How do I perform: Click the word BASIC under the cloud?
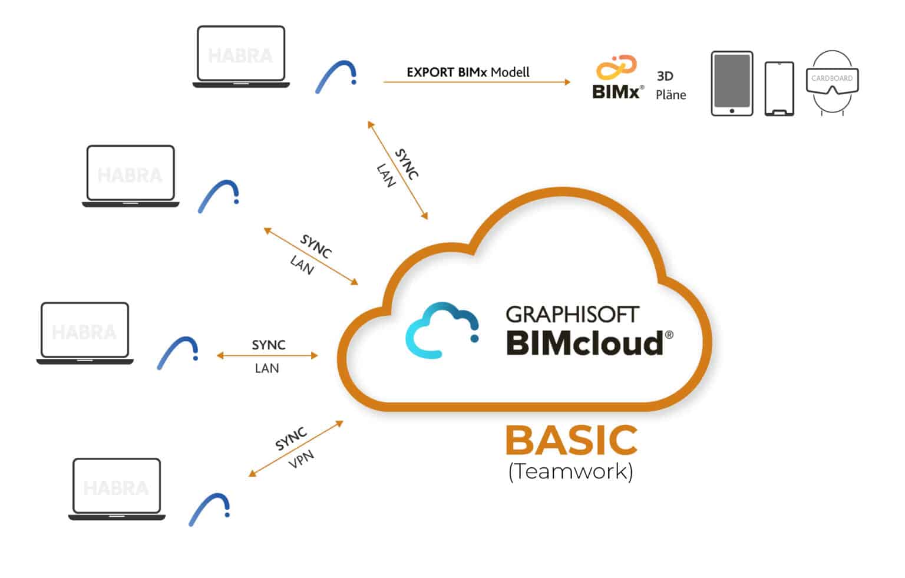(571, 441)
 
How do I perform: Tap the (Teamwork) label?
(570, 471)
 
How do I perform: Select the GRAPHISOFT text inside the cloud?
(572, 314)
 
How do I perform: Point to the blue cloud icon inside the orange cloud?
(442, 330)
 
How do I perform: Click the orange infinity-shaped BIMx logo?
(616, 67)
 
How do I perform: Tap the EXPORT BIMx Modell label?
(468, 72)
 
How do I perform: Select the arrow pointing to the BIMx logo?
(477, 82)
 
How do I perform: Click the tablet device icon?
(732, 83)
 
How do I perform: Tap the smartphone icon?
(779, 88)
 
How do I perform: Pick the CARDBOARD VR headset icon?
(831, 82)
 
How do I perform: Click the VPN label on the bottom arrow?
(301, 459)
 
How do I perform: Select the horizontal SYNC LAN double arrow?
(267, 355)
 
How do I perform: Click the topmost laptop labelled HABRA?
(241, 57)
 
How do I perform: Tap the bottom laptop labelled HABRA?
(117, 489)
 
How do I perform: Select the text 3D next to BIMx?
(665, 76)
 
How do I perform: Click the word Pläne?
(671, 95)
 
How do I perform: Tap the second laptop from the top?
(130, 176)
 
